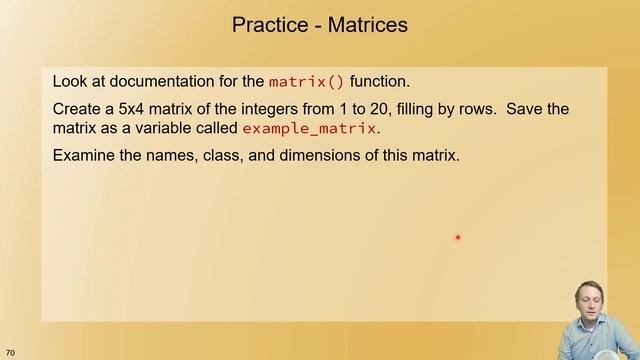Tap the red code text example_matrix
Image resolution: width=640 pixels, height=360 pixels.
(309, 129)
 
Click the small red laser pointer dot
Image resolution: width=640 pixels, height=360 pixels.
(457, 237)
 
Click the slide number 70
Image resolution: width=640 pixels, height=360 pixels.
(10, 352)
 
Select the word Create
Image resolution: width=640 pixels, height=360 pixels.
(79, 108)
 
